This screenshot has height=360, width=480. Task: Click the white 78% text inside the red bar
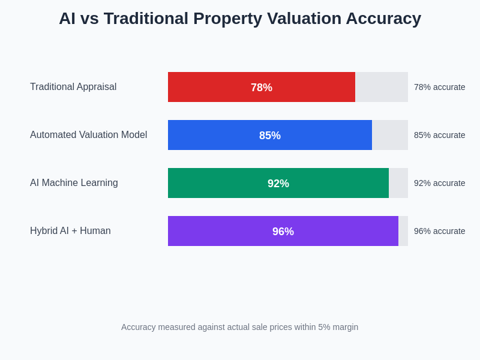(x=262, y=88)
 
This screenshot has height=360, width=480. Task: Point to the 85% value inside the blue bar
(x=270, y=136)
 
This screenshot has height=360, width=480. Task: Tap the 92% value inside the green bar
(x=278, y=184)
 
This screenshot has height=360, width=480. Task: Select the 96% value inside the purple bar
(x=283, y=232)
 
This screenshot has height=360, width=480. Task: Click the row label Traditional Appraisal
(x=73, y=87)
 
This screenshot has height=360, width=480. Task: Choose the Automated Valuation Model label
(x=88, y=135)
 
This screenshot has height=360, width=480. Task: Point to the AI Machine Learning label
(x=74, y=183)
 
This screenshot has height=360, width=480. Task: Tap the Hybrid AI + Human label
(x=70, y=231)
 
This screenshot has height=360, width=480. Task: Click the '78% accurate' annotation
(x=439, y=87)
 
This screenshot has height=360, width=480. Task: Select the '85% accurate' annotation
(x=439, y=135)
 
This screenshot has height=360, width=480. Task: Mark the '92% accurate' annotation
(x=439, y=183)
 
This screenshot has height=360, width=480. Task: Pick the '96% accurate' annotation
(x=439, y=231)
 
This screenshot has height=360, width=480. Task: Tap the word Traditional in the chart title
(x=145, y=19)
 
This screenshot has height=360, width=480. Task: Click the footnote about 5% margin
(x=239, y=327)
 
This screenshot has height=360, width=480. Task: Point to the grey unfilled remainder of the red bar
(x=382, y=87)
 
